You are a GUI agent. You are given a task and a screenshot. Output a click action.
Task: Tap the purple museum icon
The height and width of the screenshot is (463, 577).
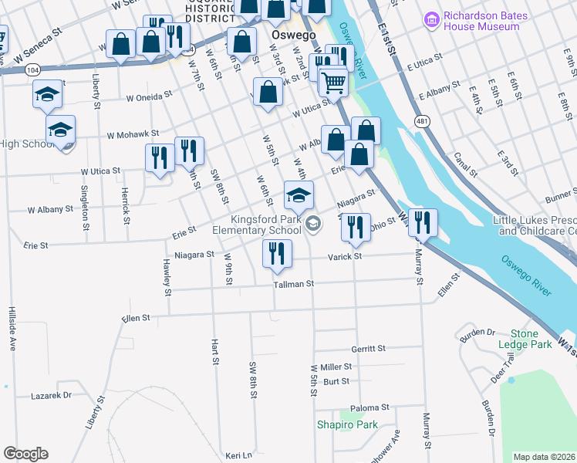[x=430, y=17]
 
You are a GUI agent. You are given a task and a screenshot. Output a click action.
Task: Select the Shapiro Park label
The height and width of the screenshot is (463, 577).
[x=347, y=424]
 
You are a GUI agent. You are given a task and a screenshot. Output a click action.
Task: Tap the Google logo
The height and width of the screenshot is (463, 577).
[x=26, y=454]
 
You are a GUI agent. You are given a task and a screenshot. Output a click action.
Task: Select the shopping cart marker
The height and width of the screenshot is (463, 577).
[x=333, y=81]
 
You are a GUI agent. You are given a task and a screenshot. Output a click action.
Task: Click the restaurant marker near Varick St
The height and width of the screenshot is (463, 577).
[x=277, y=252]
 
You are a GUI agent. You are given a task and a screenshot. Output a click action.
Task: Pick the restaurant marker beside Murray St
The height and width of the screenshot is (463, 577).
[x=423, y=221]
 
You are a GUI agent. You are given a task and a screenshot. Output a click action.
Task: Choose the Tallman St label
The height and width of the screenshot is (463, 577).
[x=294, y=284]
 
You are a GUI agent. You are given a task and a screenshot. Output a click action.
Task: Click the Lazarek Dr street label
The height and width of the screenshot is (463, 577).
[x=51, y=395]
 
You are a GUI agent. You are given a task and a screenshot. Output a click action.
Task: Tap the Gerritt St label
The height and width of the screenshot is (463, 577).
[x=367, y=349]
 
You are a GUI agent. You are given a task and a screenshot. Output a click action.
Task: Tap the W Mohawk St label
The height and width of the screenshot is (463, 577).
[x=133, y=134]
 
